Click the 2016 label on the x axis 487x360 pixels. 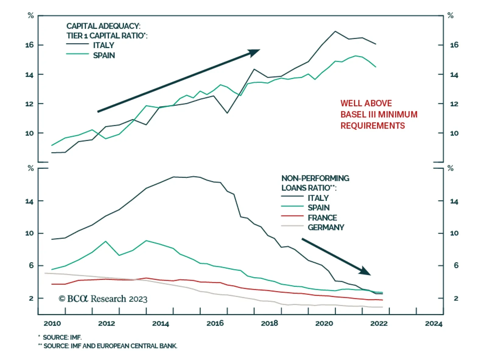pos(215,323)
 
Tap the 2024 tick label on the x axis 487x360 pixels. pos(433,323)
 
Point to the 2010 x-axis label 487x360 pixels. pos(52,323)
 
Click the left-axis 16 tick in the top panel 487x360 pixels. pos(30,45)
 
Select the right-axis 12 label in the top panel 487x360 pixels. pos(454,104)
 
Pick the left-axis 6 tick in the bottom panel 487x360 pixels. pos(31,266)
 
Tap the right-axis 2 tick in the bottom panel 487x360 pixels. pos(456,298)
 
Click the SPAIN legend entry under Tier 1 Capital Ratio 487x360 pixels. pos(104,55)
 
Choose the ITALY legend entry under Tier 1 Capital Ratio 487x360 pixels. pos(103,45)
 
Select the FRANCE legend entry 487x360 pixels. pos(322,218)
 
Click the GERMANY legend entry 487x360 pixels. pos(326,228)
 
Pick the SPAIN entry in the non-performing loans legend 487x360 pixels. pos(318,208)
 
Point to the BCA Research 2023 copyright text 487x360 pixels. pos(103,299)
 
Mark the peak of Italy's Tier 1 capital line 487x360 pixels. pos(335,31)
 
